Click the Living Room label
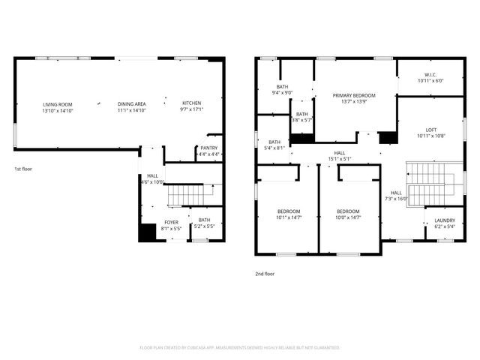tap(58, 106)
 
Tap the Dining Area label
tap(131, 106)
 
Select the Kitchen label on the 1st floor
tap(192, 106)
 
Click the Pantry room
tap(208, 151)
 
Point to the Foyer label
tap(172, 226)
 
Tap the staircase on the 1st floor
tap(184, 195)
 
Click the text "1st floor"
tap(23, 169)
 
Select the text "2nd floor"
tap(265, 274)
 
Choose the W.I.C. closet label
tap(430, 77)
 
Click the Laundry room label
tap(444, 223)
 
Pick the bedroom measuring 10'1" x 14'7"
tap(288, 214)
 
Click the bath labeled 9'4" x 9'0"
tap(282, 90)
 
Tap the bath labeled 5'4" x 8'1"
tap(274, 145)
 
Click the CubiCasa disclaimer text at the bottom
tap(240, 348)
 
